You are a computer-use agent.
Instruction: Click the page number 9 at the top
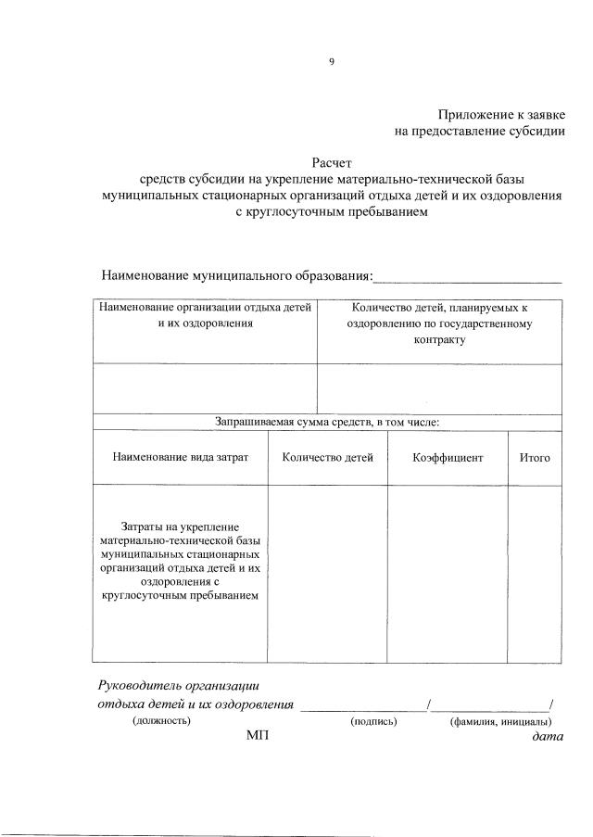click(x=331, y=62)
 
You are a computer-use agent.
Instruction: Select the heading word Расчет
click(x=332, y=162)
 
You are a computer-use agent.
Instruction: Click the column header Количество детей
click(x=327, y=458)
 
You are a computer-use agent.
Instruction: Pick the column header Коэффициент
click(x=448, y=458)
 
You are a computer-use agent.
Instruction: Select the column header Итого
click(x=535, y=458)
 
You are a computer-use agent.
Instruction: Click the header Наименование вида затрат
click(x=181, y=458)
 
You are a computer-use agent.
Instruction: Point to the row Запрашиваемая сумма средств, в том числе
click(x=327, y=423)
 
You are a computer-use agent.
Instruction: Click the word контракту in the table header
click(x=439, y=340)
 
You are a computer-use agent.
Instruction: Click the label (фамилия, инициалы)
click(x=500, y=720)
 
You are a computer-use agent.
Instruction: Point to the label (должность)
click(x=161, y=720)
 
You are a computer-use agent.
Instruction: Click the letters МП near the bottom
click(x=257, y=736)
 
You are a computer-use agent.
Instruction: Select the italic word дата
click(x=541, y=736)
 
